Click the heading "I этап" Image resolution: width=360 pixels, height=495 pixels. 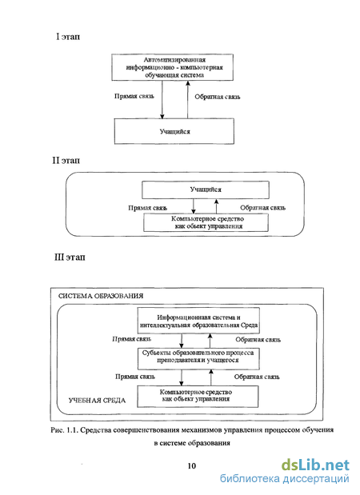(68, 37)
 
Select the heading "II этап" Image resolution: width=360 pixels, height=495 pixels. (66, 161)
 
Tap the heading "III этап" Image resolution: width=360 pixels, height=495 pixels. (70, 257)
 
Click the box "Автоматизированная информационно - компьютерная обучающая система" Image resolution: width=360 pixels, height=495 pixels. (173, 67)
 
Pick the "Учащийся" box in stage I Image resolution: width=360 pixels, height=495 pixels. (174, 131)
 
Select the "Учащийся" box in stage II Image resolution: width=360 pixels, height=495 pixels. (206, 190)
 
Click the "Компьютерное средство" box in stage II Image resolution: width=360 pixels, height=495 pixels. (206, 222)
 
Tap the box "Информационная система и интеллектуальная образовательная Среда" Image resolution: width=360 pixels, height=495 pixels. (198, 321)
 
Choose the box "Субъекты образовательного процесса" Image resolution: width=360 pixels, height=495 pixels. (198, 358)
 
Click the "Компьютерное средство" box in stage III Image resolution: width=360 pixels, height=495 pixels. (198, 396)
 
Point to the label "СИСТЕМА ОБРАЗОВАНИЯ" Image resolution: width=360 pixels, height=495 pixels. (101, 296)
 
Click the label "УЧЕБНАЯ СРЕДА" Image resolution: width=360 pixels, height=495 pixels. (97, 401)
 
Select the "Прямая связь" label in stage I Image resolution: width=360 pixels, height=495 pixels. (134, 96)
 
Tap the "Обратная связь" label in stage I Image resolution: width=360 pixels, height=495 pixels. (218, 97)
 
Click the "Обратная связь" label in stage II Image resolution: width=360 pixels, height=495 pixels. (262, 208)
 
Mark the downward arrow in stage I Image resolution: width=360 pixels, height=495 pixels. (162, 100)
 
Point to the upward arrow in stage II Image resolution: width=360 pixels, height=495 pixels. (216, 206)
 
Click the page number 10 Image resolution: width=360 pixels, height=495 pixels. (192, 466)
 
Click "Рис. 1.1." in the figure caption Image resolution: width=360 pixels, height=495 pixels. (64, 430)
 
